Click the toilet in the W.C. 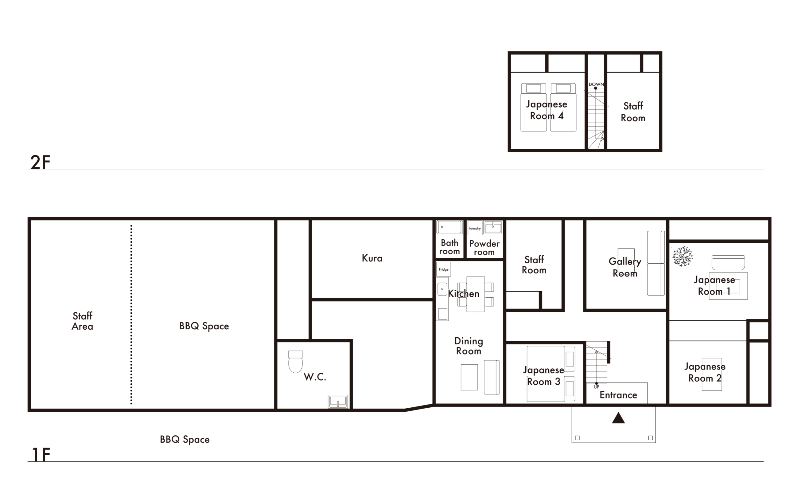click(295, 362)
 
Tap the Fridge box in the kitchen click(444, 269)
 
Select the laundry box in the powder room click(475, 228)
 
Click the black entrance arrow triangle click(618, 418)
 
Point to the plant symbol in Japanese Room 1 click(683, 256)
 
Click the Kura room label click(372, 258)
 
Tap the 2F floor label click(40, 162)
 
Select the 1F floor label click(41, 454)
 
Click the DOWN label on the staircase click(596, 84)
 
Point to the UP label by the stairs click(596, 387)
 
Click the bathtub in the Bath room click(450, 227)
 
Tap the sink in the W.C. click(338, 402)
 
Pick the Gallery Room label click(625, 267)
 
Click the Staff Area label click(83, 321)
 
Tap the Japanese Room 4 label click(547, 110)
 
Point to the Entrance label click(618, 395)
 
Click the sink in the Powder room click(493, 227)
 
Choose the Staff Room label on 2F click(633, 112)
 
